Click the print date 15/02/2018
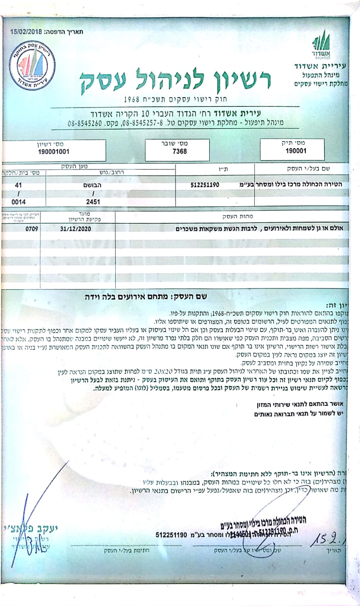27,32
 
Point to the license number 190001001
54,152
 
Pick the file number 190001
296,151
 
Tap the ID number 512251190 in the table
205,185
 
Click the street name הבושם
92,186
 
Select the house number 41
18,186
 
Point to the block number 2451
93,202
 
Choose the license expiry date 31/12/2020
75,229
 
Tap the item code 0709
32,229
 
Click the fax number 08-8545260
85,123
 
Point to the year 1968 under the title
132,100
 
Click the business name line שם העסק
146,297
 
